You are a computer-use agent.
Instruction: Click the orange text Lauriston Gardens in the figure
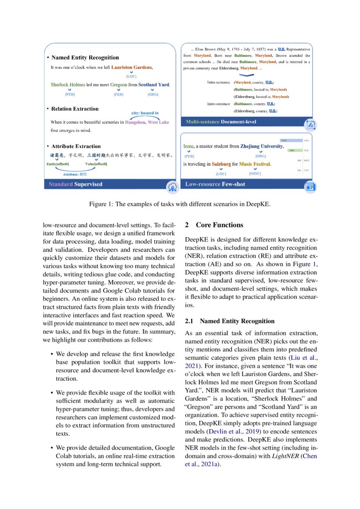click(x=131, y=67)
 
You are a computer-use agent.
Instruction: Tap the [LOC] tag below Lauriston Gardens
click(x=131, y=77)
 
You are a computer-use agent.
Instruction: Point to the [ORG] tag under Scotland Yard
click(x=153, y=94)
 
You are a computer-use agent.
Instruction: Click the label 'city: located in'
click(x=145, y=113)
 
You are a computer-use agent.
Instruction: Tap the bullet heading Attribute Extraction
click(x=76, y=146)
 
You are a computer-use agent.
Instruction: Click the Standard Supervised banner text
click(x=75, y=184)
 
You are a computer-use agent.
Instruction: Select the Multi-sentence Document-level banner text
click(x=221, y=121)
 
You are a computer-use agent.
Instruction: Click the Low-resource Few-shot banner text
click(x=215, y=184)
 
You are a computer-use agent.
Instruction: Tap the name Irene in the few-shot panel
click(x=188, y=146)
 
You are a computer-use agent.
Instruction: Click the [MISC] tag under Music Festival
click(x=255, y=173)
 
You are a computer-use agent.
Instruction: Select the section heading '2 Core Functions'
click(x=214, y=225)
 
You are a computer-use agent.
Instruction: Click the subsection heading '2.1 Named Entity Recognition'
click(x=229, y=321)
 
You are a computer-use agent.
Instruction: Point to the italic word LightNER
click(x=286, y=455)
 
